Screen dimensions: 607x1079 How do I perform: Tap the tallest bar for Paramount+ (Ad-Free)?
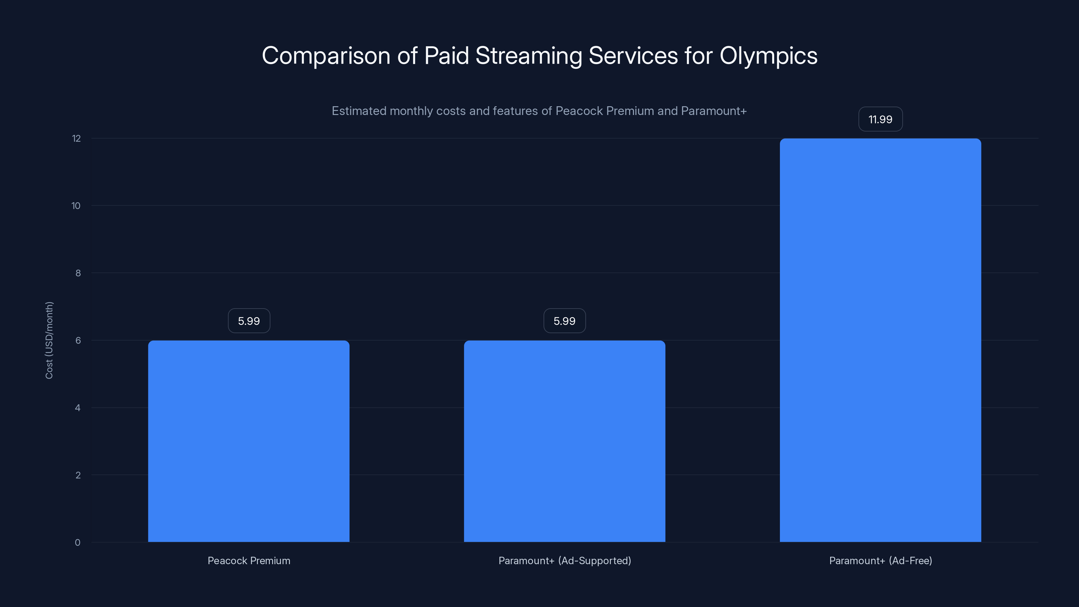coord(880,340)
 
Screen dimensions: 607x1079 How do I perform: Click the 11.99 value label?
coord(880,119)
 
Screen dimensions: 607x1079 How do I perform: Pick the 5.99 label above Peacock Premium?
coord(249,321)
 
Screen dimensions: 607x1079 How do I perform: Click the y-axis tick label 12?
coord(76,139)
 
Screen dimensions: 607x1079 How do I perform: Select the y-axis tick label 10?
coord(76,206)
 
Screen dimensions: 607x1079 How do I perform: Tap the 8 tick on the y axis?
coord(78,273)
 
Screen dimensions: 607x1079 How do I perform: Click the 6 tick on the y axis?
coord(78,341)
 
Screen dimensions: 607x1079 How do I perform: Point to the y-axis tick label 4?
coord(78,408)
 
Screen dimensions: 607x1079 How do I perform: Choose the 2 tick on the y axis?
coord(78,475)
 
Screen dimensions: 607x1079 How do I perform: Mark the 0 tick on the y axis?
coord(78,543)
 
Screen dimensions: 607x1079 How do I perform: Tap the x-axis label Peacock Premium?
coord(249,560)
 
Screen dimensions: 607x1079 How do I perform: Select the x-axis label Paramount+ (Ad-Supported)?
coord(565,560)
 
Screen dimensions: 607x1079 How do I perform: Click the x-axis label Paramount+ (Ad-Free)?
coord(880,560)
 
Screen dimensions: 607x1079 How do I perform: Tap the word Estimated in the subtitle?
coord(358,111)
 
